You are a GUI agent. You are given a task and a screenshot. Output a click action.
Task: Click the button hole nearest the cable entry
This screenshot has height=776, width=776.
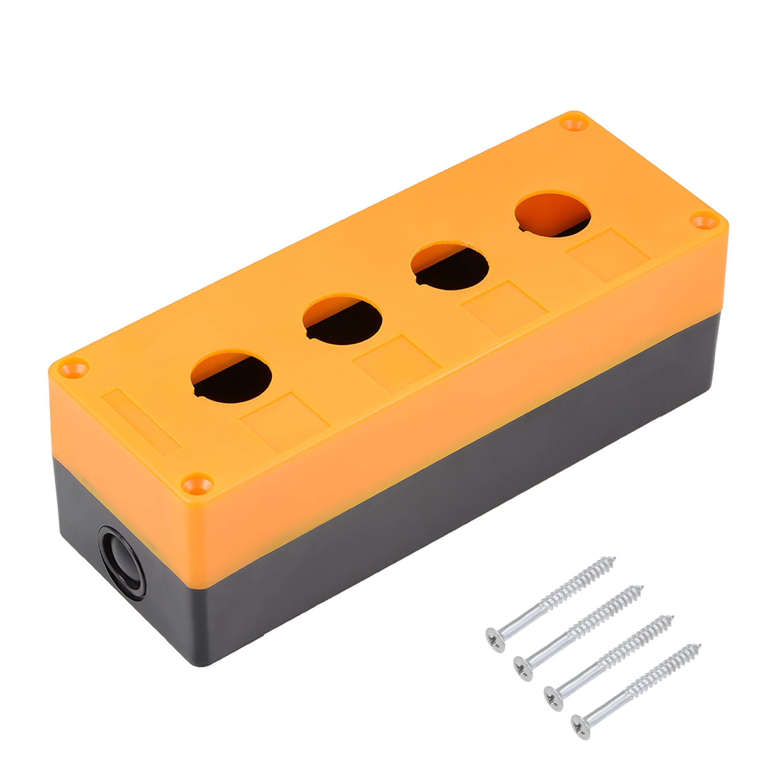pyautogui.click(x=231, y=376)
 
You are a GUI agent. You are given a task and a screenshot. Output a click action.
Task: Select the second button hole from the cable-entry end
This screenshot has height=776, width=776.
pyautogui.click(x=342, y=320)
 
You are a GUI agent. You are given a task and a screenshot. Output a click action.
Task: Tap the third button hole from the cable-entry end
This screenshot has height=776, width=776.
pyautogui.click(x=449, y=265)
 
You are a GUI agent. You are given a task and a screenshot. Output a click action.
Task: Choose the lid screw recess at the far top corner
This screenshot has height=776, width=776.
pyautogui.click(x=573, y=122)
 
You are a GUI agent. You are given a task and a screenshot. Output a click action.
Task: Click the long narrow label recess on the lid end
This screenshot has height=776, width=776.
pyautogui.click(x=141, y=421)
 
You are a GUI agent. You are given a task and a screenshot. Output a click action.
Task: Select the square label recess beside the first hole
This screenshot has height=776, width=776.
pyautogui.click(x=284, y=421)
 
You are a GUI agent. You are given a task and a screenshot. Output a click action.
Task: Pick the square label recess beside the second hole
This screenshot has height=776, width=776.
pyautogui.click(x=397, y=364)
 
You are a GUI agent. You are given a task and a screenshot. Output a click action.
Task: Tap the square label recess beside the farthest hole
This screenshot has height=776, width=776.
pyautogui.click(x=607, y=255)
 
